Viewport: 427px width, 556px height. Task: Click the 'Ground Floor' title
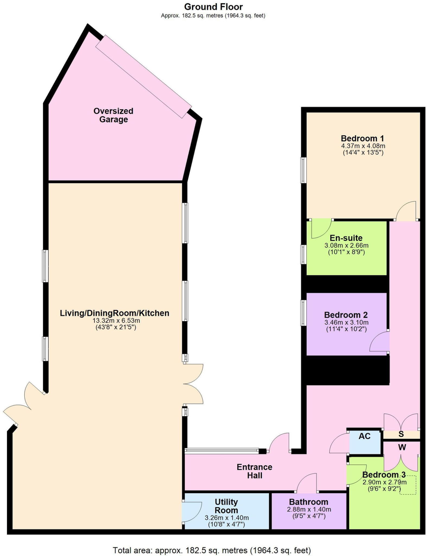tap(213, 7)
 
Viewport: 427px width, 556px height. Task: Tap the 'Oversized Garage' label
tap(113, 115)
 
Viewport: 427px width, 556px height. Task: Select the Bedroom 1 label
tap(362, 138)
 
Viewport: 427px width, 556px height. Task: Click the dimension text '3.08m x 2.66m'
tap(346, 246)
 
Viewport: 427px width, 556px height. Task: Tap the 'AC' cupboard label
tap(364, 436)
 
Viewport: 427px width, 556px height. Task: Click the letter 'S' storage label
tap(401, 434)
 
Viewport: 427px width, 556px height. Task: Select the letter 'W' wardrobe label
tap(402, 447)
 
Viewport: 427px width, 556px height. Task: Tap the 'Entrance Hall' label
tap(254, 471)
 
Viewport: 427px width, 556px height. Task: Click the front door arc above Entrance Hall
tap(279, 443)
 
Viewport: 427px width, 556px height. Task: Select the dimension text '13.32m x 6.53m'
tap(116, 320)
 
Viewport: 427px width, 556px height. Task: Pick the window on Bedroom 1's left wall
tap(303, 170)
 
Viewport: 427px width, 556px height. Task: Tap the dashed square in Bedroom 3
tap(408, 485)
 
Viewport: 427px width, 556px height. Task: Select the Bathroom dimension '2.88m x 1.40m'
tap(309, 510)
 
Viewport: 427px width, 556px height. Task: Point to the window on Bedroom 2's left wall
tap(303, 313)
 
